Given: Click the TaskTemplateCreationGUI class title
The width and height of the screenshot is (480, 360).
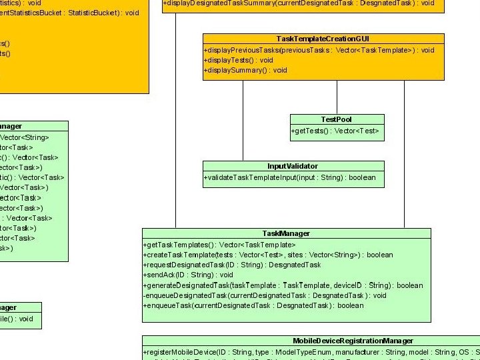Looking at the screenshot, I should [x=323, y=39].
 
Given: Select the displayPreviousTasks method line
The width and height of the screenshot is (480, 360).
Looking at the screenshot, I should [x=319, y=50].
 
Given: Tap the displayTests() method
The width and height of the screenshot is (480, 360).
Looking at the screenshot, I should [x=238, y=60].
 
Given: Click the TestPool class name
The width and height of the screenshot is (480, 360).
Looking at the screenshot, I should [x=337, y=119].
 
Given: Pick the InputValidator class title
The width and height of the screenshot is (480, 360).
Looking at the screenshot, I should [x=293, y=166].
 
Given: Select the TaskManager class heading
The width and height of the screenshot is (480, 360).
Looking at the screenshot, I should [x=286, y=233].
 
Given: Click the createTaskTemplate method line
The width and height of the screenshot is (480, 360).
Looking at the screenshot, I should [x=268, y=255].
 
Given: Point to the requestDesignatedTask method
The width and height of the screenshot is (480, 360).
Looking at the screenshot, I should [x=232, y=265].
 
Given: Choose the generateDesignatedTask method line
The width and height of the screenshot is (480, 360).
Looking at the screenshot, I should [x=283, y=285].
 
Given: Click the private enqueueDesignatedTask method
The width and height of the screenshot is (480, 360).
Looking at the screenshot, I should [x=265, y=295].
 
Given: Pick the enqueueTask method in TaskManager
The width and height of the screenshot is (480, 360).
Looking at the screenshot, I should [x=253, y=305].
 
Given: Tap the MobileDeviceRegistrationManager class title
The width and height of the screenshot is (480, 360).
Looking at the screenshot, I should [x=353, y=341].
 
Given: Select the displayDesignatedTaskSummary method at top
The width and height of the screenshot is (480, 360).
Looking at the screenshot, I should [x=298, y=3].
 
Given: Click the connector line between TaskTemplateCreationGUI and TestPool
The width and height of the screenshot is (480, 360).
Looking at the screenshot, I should [x=337, y=97].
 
